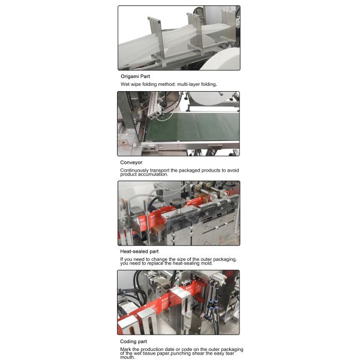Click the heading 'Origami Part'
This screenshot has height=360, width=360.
[135, 77]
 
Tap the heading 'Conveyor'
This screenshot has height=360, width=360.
[131, 163]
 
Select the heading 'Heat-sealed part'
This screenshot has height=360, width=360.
[139, 251]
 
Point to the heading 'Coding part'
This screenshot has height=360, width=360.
[134, 341]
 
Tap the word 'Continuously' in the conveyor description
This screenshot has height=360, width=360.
[135, 170]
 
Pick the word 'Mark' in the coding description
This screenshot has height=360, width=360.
[126, 349]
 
